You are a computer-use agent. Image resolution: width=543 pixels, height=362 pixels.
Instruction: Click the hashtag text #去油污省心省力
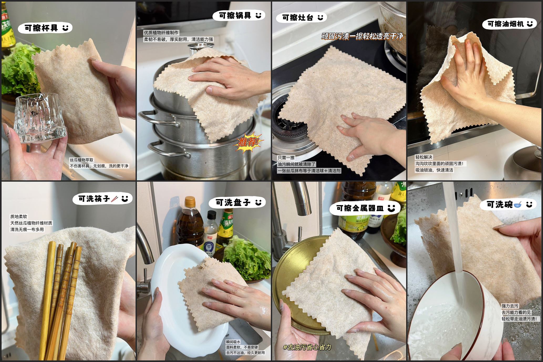tap(307, 347)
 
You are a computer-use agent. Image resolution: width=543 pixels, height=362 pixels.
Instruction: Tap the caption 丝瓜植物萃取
tap(81, 160)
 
